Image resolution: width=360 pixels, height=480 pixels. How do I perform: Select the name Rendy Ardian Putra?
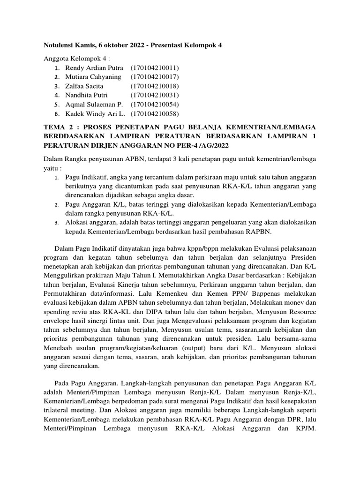click(94, 68)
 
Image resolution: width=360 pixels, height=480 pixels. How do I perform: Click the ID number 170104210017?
click(155, 77)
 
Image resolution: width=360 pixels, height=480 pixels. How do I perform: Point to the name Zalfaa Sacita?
click(84, 86)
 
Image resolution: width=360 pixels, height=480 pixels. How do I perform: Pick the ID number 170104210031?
click(155, 95)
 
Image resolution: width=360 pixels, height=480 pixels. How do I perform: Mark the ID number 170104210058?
click(155, 114)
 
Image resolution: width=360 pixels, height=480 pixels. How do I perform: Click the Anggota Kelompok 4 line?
click(76, 59)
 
